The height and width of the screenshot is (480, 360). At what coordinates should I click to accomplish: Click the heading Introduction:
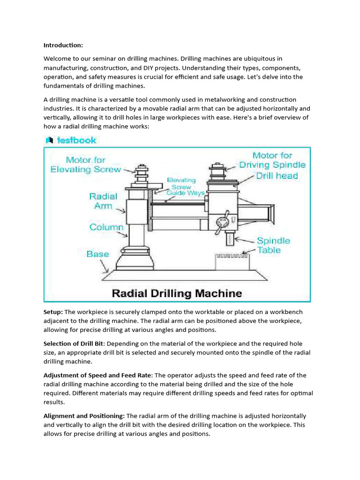click(x=63, y=45)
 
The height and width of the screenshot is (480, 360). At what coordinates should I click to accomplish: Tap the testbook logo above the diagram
click(x=71, y=140)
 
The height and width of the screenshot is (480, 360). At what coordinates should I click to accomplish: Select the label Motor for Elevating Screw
click(x=85, y=165)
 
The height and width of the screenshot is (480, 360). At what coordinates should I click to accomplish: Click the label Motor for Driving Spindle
click(x=272, y=160)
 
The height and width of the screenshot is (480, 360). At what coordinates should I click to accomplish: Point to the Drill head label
click(x=277, y=176)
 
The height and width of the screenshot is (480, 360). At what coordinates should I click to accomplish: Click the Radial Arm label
click(x=103, y=201)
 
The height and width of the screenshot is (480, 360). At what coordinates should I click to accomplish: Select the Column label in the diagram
click(x=106, y=227)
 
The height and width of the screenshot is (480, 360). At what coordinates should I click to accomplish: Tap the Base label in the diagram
click(x=97, y=254)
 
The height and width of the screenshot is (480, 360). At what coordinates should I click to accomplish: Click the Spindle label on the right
click(x=273, y=240)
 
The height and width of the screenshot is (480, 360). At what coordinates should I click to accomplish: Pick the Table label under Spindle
click(x=269, y=250)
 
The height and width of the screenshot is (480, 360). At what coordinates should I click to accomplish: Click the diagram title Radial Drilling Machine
click(x=177, y=294)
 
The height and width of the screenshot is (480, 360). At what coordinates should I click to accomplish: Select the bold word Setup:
click(x=53, y=312)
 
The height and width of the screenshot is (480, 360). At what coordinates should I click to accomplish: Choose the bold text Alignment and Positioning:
click(x=84, y=416)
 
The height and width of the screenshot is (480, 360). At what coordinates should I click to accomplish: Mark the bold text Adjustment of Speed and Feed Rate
click(x=97, y=375)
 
